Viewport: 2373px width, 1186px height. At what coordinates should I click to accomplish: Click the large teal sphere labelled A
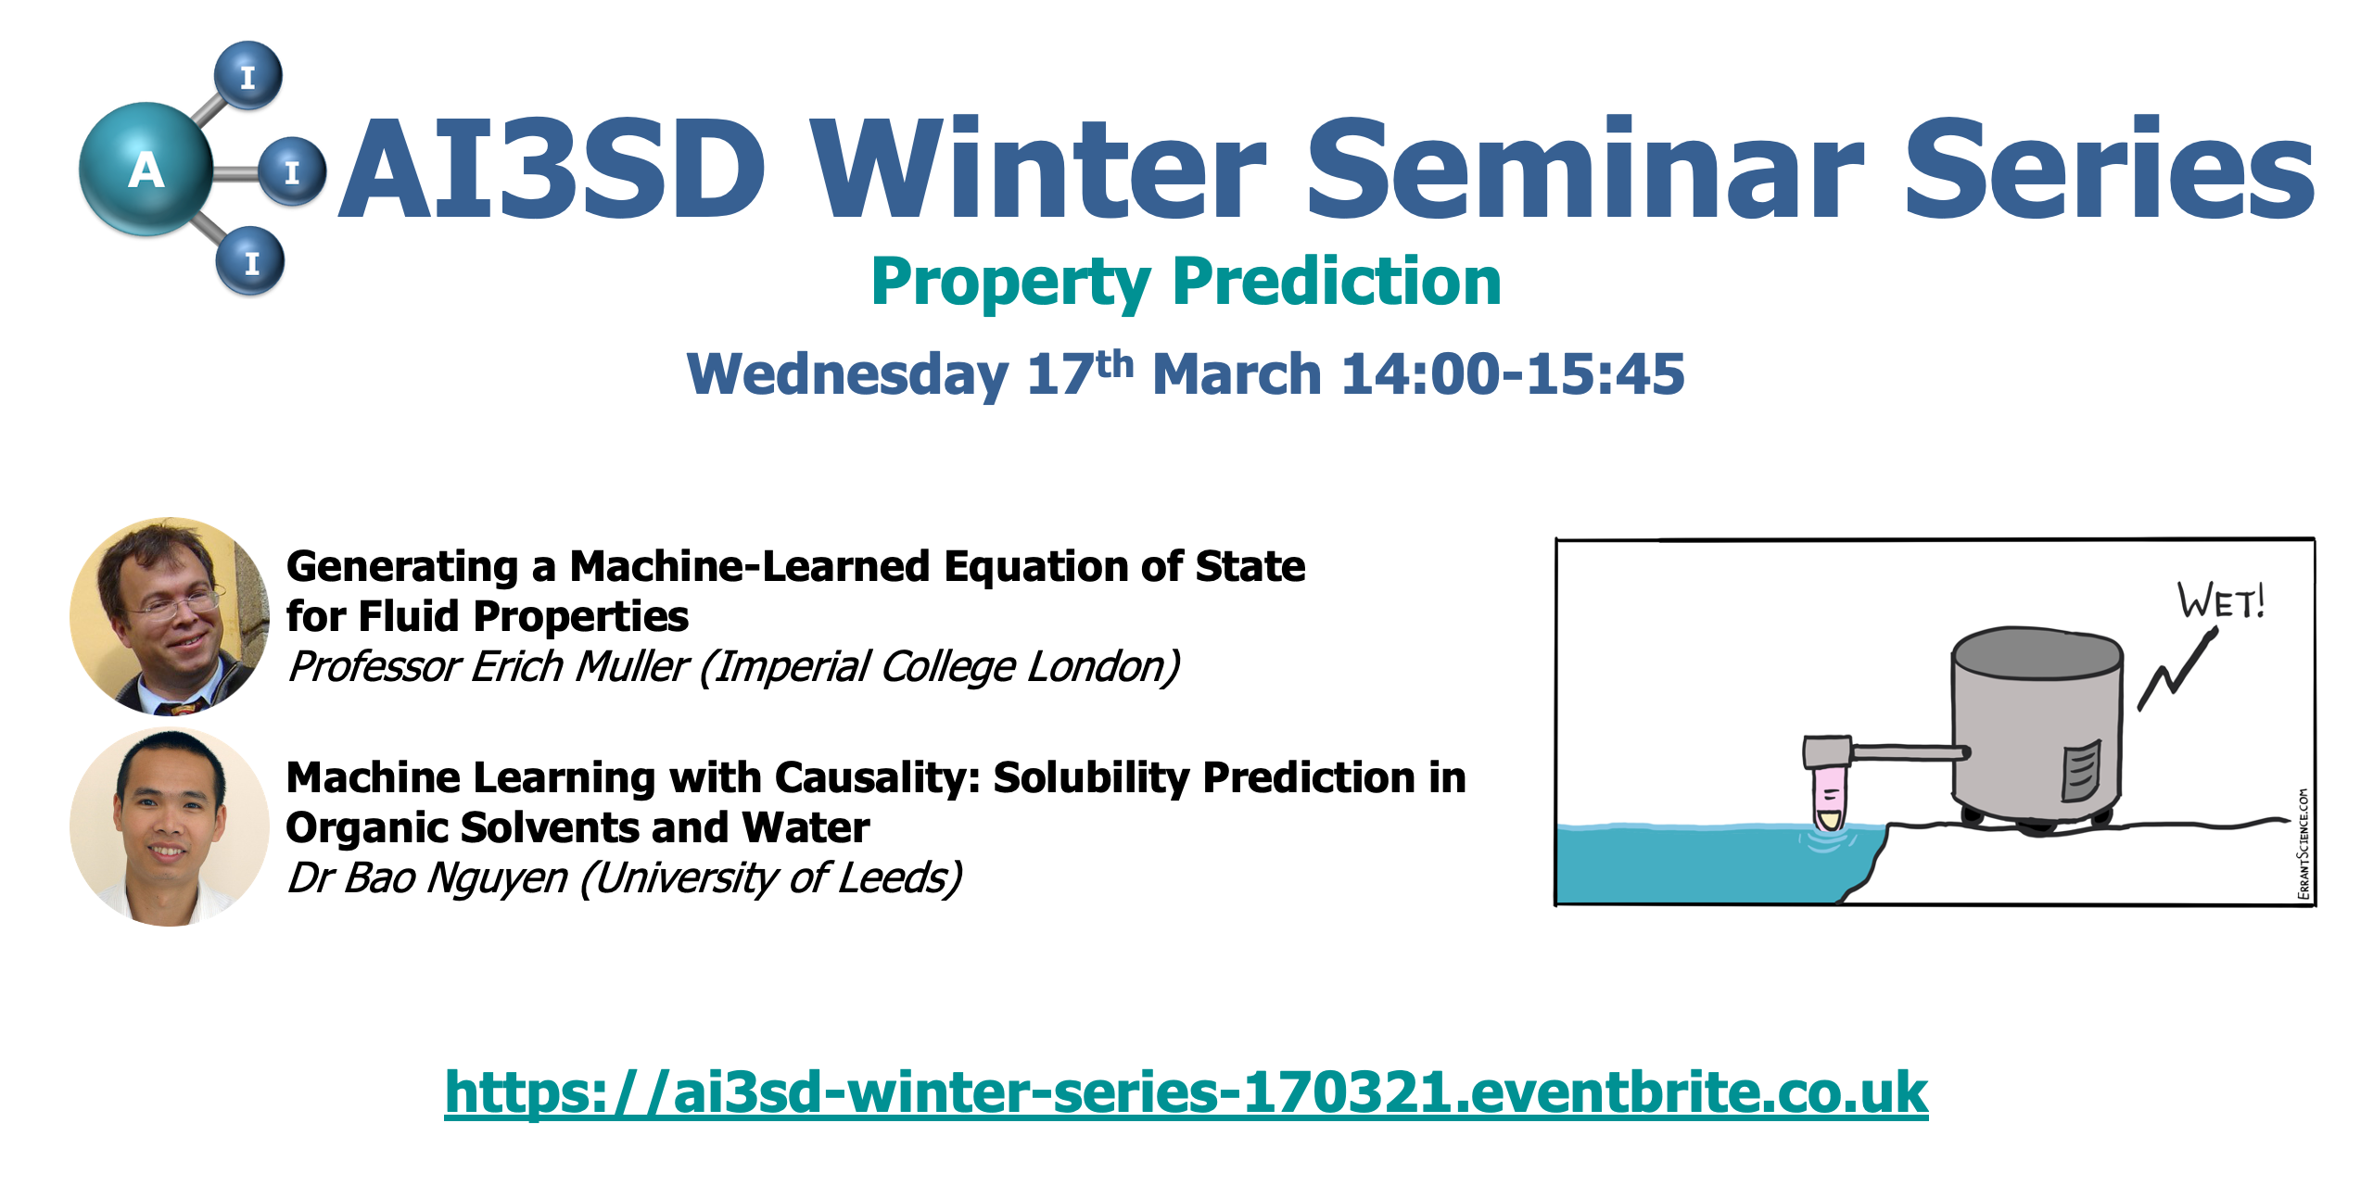click(146, 169)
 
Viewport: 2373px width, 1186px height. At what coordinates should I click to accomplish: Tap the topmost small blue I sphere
click(247, 75)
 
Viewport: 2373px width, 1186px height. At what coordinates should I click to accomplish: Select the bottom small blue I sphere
click(250, 261)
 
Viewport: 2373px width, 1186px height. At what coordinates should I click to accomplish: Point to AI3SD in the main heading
click(552, 169)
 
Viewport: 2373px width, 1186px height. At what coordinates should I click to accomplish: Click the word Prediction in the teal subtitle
click(1337, 282)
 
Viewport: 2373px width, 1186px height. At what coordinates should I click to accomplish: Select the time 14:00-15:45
click(1513, 374)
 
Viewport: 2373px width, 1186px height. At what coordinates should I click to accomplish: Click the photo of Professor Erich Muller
click(170, 616)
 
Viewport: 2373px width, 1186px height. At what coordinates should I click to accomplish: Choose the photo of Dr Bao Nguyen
click(170, 826)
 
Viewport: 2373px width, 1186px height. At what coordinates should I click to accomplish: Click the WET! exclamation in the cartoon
click(2221, 600)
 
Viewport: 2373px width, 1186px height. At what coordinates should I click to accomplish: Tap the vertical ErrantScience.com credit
click(2303, 843)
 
